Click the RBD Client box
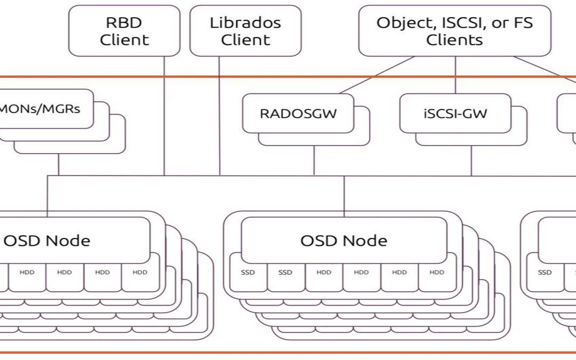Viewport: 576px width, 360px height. click(x=124, y=31)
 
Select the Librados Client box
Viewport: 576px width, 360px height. click(x=245, y=31)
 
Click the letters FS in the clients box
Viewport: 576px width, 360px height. click(x=523, y=23)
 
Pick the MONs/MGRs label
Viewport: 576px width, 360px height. click(x=40, y=109)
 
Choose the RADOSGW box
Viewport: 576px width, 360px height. click(x=298, y=113)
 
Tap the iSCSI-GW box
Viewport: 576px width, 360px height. click(x=455, y=113)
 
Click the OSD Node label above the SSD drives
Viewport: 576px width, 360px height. click(x=343, y=240)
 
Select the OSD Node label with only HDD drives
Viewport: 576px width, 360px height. click(x=47, y=240)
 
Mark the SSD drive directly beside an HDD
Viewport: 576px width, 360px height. click(x=285, y=273)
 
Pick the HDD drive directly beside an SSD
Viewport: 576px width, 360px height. click(x=323, y=273)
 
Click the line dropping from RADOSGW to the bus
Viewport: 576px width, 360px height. click(x=314, y=160)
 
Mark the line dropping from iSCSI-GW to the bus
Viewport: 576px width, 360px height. click(x=471, y=160)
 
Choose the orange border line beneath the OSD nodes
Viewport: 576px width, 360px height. click(x=288, y=353)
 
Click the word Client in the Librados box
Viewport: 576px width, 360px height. click(x=245, y=39)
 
